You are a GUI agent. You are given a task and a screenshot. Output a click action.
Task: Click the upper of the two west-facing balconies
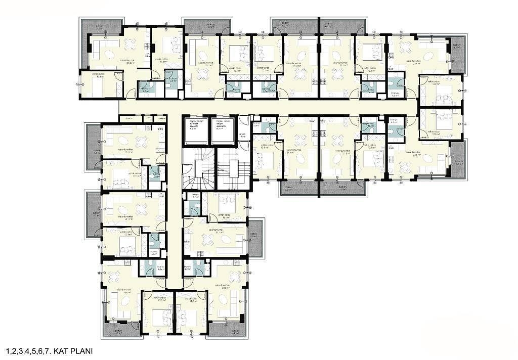click(94, 147)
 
